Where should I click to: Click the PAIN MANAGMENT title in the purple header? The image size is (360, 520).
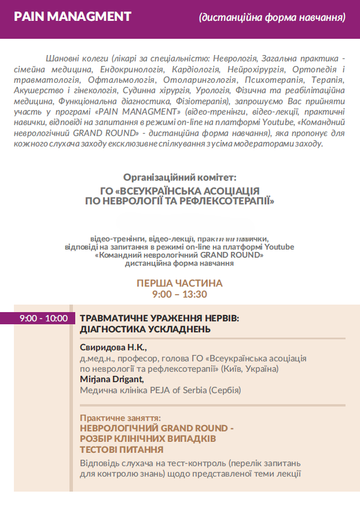(x=72, y=17)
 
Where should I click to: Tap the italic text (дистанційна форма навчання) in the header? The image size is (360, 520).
(x=272, y=17)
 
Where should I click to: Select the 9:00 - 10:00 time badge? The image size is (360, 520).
(x=43, y=318)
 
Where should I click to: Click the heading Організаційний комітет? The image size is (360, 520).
(x=180, y=178)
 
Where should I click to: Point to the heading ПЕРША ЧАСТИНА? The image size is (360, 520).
(x=179, y=283)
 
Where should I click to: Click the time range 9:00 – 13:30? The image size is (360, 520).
(x=179, y=294)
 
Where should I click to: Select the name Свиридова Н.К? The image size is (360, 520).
(x=113, y=347)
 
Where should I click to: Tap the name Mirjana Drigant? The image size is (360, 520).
(x=112, y=379)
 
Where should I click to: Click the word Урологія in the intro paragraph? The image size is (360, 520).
(x=214, y=89)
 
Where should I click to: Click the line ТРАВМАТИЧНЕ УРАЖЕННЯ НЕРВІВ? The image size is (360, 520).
(x=159, y=318)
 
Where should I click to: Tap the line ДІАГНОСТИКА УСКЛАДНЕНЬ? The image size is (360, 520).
(x=145, y=329)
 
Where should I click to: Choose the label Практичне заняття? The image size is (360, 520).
(x=120, y=418)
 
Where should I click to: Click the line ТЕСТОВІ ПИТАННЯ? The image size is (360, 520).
(x=122, y=449)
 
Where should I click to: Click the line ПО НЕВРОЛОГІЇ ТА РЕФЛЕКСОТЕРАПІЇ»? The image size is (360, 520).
(x=179, y=200)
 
